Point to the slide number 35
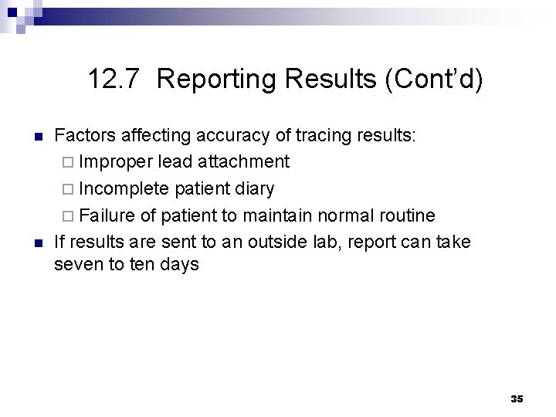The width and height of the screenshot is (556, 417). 517,398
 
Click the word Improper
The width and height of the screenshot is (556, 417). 116,162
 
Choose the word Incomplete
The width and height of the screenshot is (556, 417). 125,188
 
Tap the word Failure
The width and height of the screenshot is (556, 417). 106,215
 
